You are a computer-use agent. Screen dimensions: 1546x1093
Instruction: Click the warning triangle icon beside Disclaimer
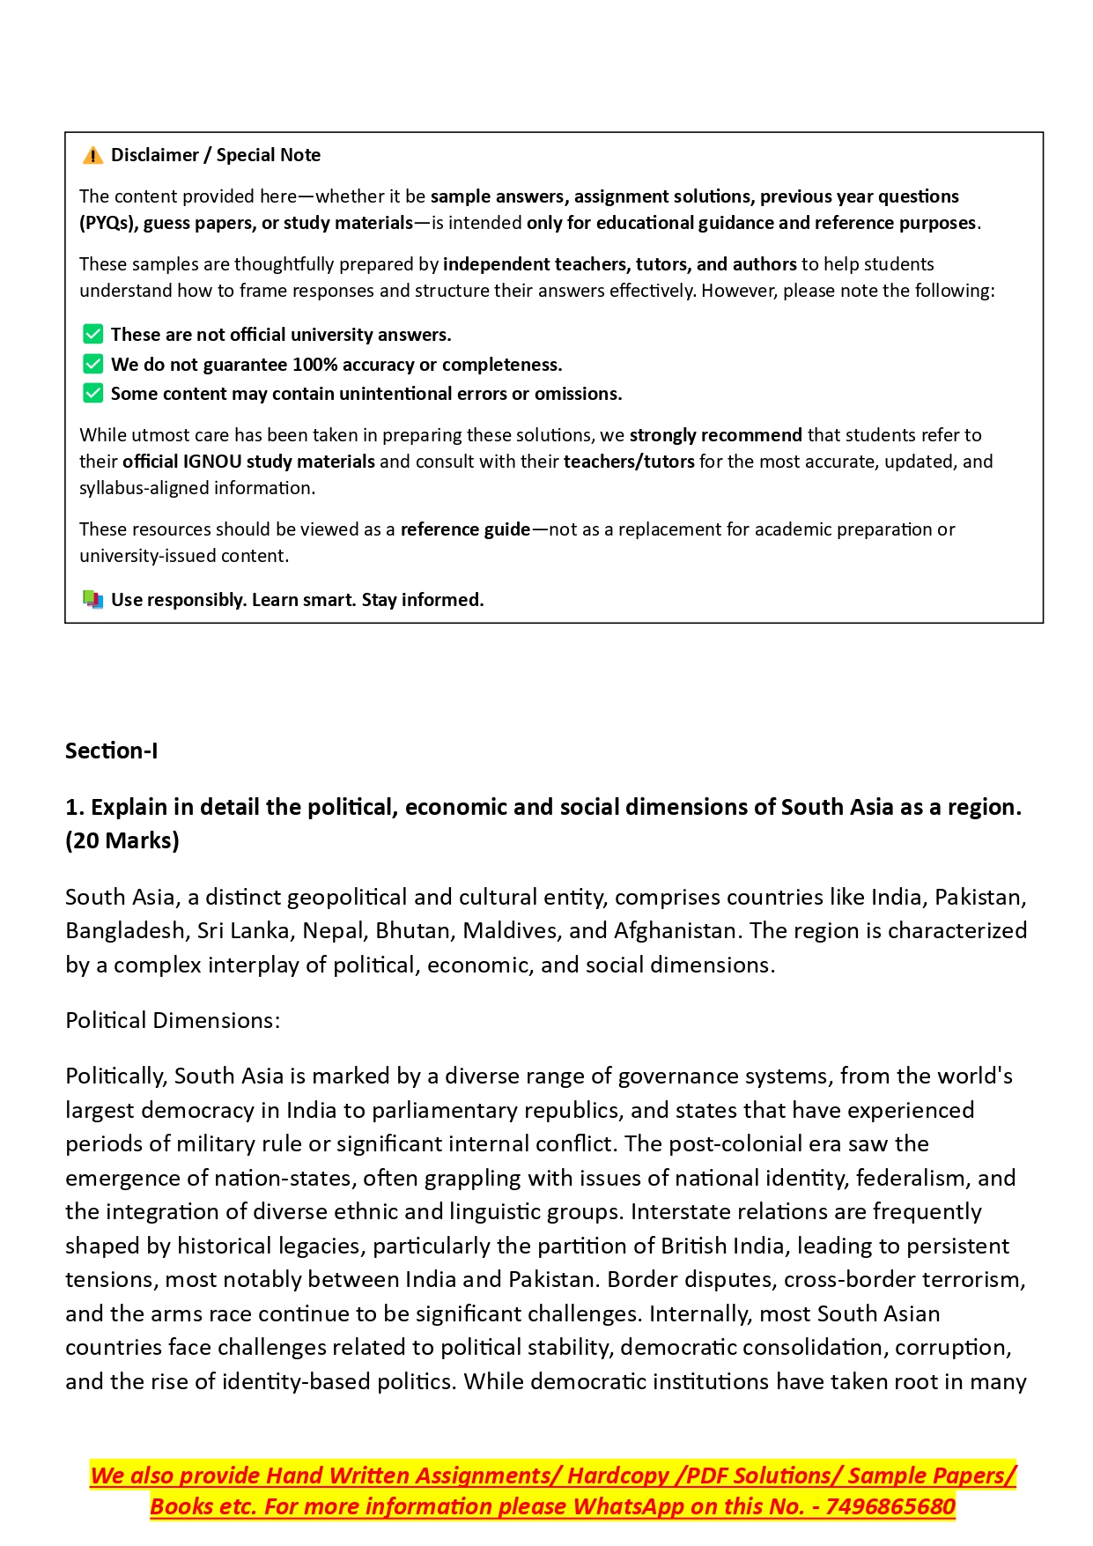pyautogui.click(x=92, y=156)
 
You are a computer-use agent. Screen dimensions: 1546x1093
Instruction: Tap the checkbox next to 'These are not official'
pyautogui.click(x=92, y=335)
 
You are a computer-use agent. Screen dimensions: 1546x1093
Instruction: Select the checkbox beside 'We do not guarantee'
pyautogui.click(x=92, y=365)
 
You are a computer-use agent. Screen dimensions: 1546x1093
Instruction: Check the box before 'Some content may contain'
pyautogui.click(x=92, y=394)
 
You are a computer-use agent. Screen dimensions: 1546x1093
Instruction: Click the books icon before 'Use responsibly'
pyautogui.click(x=92, y=600)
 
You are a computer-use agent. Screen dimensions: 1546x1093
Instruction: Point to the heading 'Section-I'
pyautogui.click(x=112, y=751)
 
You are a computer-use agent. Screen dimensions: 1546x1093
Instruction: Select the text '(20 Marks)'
pyautogui.click(x=122, y=841)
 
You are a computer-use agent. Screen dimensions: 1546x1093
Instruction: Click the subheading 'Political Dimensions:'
pyautogui.click(x=173, y=1021)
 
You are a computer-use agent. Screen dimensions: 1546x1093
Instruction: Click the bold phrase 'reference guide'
pyautogui.click(x=465, y=529)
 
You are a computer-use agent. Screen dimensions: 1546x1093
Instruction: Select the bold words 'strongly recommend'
pyautogui.click(x=715, y=435)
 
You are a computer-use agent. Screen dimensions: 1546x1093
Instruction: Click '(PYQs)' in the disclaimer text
pyautogui.click(x=107, y=223)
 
